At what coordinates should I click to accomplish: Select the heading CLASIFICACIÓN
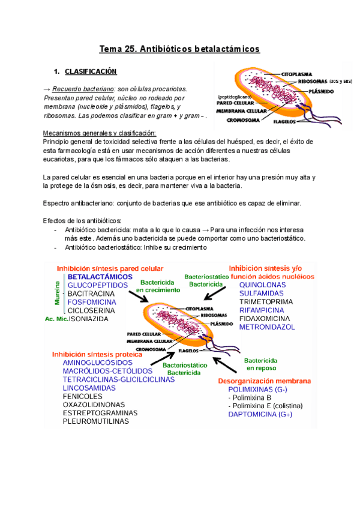(x=91, y=71)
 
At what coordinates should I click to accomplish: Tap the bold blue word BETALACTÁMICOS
(x=100, y=277)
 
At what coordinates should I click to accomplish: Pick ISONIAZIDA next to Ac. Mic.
(x=89, y=319)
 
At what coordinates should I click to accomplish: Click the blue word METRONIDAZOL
(x=267, y=327)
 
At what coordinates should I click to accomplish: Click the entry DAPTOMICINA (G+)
(x=260, y=414)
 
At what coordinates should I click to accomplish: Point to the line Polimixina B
(x=250, y=397)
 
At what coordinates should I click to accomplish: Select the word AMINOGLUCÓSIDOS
(x=98, y=363)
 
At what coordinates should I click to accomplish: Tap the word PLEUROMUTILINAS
(x=96, y=421)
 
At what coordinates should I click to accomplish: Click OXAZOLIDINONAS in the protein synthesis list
(x=94, y=405)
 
